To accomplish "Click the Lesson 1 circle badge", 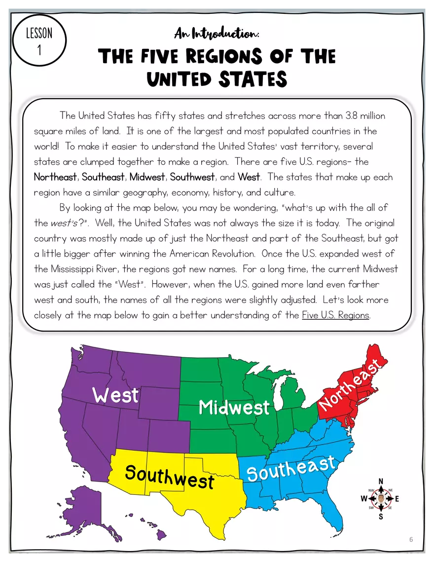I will pyautogui.click(x=39, y=40).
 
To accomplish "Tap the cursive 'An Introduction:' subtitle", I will pyautogui.click(x=217, y=34).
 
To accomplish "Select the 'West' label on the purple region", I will pyautogui.click(x=115, y=395).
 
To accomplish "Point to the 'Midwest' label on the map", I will pyautogui.click(x=234, y=408).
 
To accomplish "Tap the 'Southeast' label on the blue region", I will pyautogui.click(x=291, y=469).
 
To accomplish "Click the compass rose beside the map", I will pyautogui.click(x=381, y=498).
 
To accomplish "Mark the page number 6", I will pyautogui.click(x=411, y=539).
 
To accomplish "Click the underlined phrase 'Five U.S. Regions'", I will pyautogui.click(x=335, y=315).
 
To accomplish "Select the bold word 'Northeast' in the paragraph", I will pyautogui.click(x=55, y=177).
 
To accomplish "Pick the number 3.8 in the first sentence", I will pyautogui.click(x=337, y=116).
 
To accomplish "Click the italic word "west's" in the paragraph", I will pyautogui.click(x=64, y=223).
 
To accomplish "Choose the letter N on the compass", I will pyautogui.click(x=381, y=481).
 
